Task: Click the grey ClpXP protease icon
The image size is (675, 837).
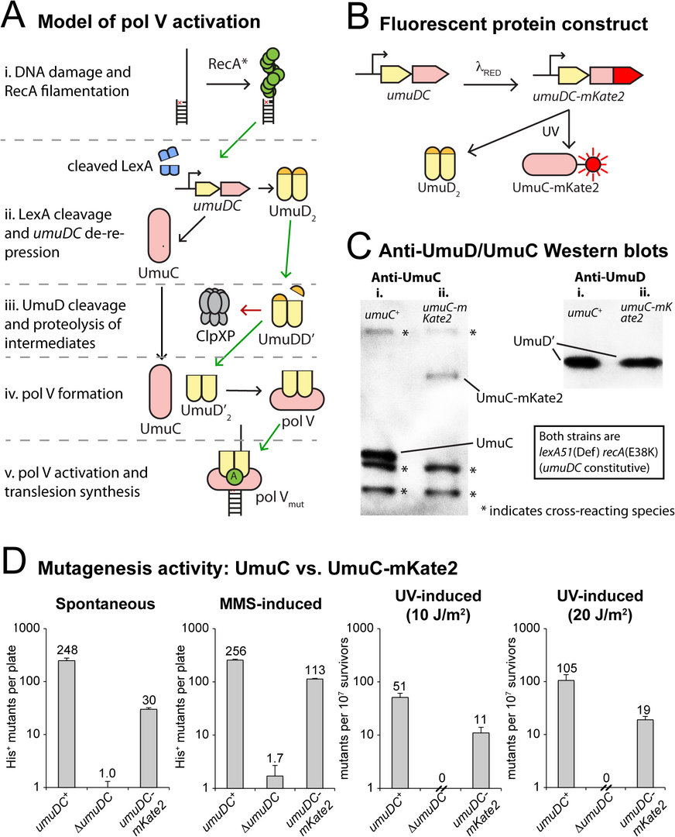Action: click(x=214, y=308)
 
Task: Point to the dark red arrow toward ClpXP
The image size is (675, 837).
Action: click(x=250, y=309)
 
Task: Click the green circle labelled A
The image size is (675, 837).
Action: click(x=232, y=477)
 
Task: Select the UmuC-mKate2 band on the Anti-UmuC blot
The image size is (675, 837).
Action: click(x=442, y=376)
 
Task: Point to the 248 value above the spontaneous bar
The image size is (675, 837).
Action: click(x=67, y=649)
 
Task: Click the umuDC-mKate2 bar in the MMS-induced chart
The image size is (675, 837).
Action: click(x=315, y=733)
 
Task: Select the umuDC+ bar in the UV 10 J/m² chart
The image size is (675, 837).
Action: click(x=400, y=742)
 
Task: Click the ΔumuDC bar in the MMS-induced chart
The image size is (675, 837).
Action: click(x=275, y=781)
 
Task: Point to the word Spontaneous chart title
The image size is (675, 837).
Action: click(x=105, y=604)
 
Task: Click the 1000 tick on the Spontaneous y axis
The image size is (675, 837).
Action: click(x=28, y=629)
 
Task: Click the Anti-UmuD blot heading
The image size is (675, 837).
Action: click(x=609, y=277)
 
